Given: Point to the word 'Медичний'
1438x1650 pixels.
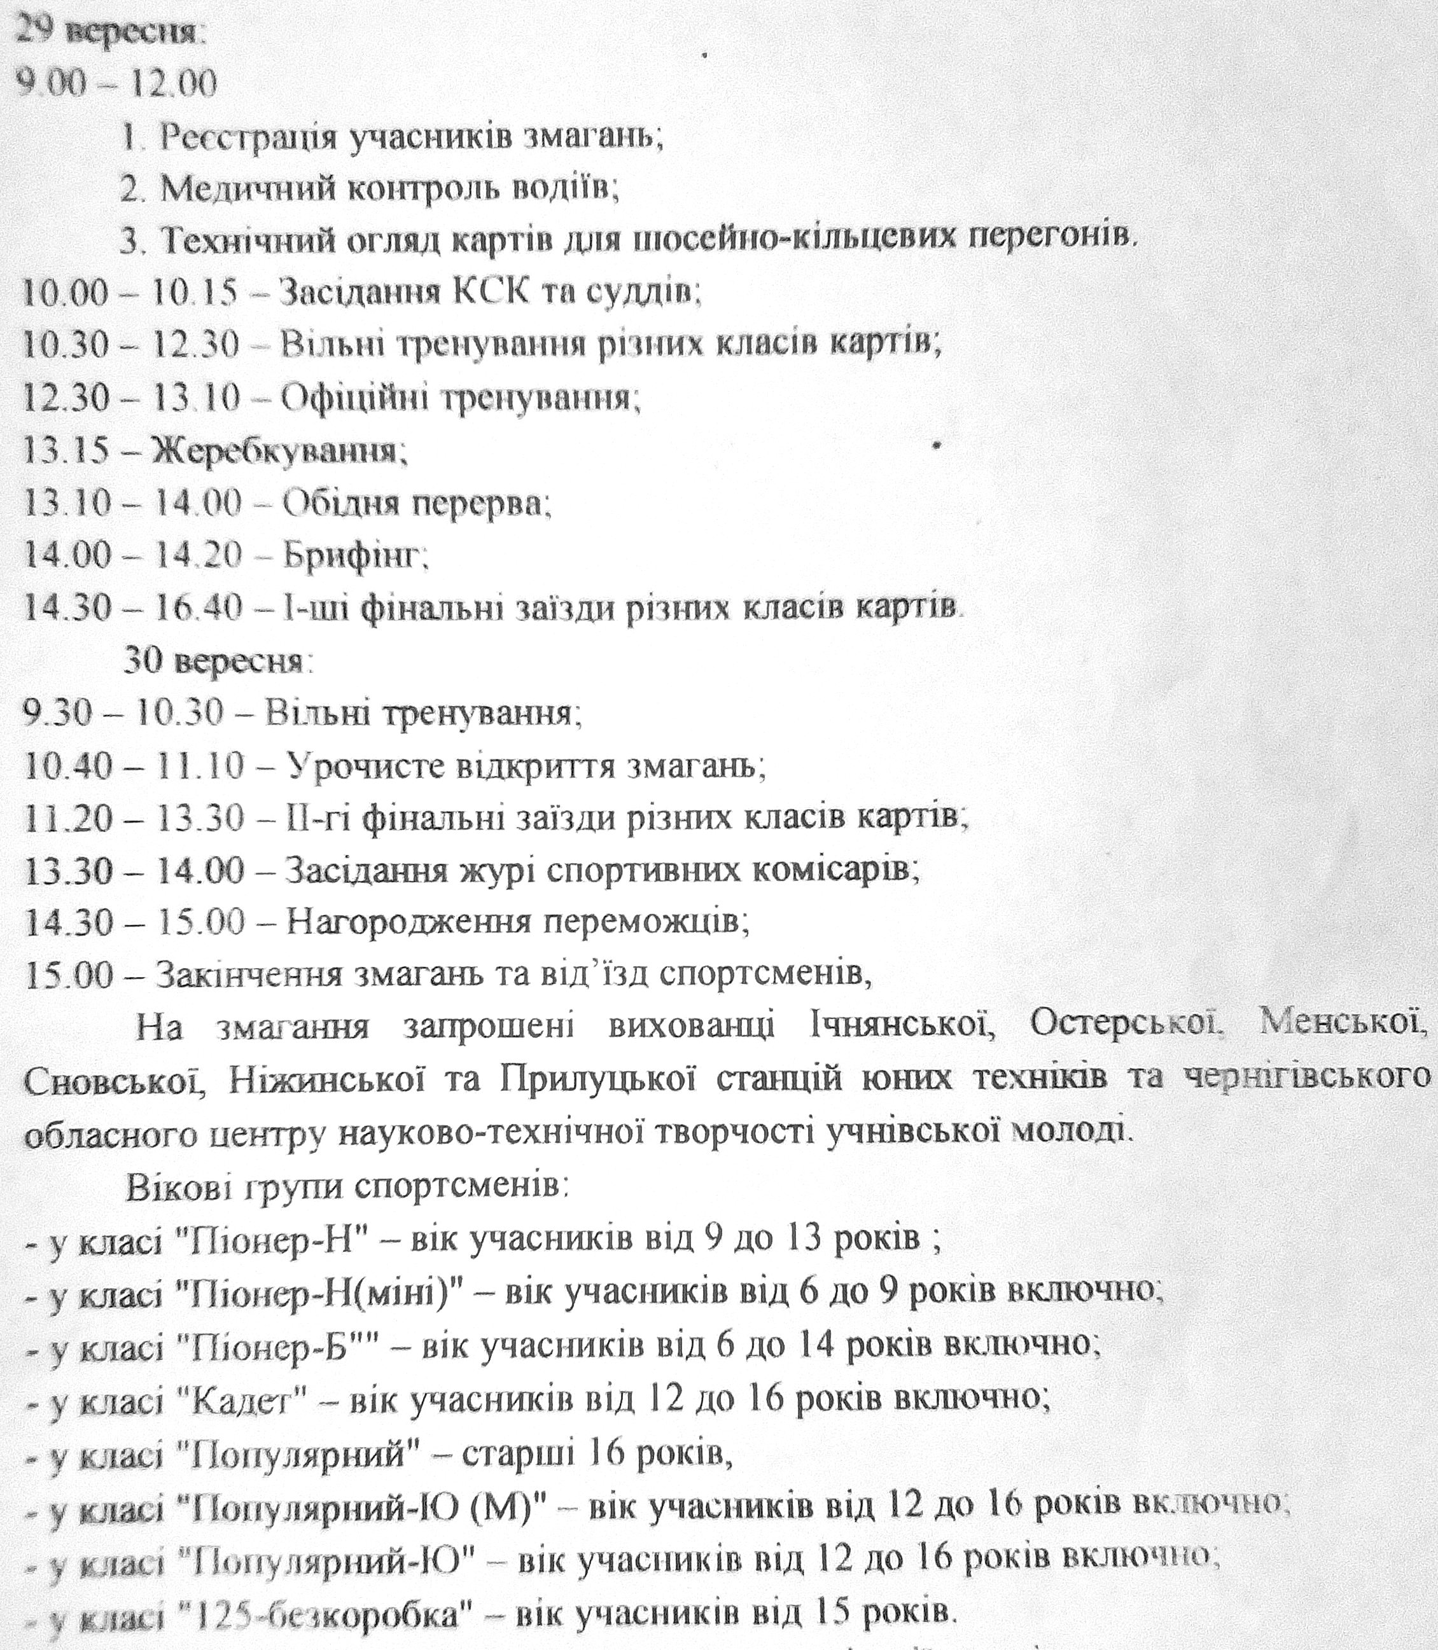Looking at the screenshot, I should (x=225, y=190).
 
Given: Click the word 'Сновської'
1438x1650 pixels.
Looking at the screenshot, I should (x=113, y=1079).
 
